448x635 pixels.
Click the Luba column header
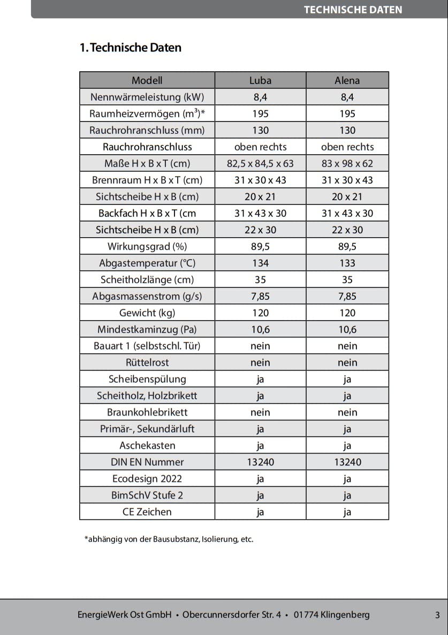(x=260, y=80)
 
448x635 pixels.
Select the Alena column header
(x=347, y=80)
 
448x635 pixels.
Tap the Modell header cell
(x=147, y=80)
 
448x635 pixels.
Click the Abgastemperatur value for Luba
(x=260, y=263)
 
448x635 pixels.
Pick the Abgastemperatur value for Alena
(x=347, y=263)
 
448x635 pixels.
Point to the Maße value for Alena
(x=347, y=163)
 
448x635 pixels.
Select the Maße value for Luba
(x=260, y=163)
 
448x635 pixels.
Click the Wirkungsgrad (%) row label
(x=147, y=246)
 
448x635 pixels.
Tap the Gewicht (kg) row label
(x=147, y=313)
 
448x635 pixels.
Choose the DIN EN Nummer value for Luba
(x=260, y=462)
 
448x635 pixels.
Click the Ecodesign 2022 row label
(x=147, y=479)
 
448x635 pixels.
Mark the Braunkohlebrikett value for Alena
(x=347, y=412)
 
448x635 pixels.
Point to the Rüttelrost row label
(x=147, y=362)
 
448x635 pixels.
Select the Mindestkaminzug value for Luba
(x=260, y=329)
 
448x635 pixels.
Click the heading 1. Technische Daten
(x=131, y=48)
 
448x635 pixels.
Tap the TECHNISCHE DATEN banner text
(x=353, y=10)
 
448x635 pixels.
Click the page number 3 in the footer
(x=437, y=615)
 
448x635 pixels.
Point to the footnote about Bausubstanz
(x=169, y=539)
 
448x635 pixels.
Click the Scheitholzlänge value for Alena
(x=347, y=279)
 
